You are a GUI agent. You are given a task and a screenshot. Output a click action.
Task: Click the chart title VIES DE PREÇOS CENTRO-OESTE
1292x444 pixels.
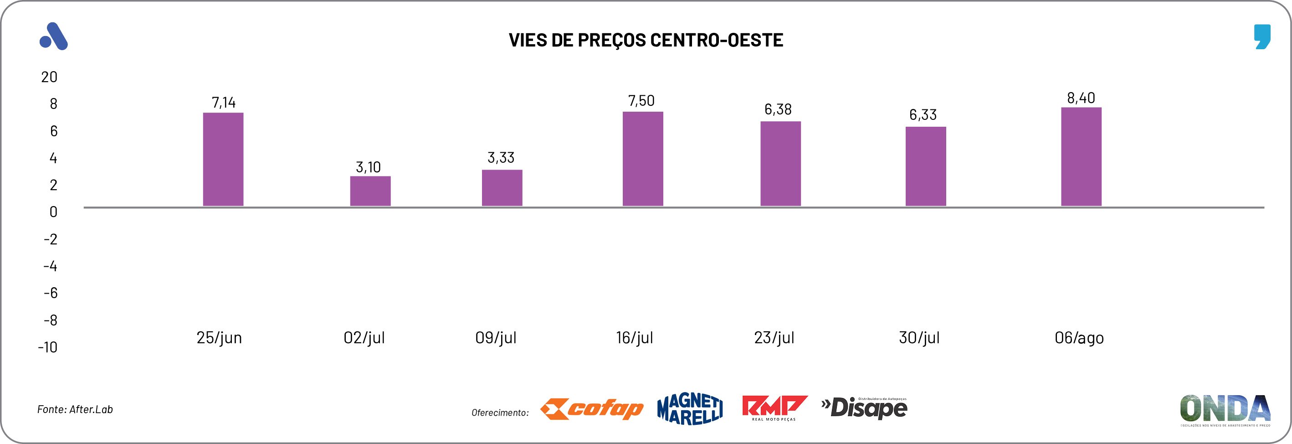[x=646, y=40]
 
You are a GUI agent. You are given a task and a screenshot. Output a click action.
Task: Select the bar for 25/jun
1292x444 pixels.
[x=223, y=159]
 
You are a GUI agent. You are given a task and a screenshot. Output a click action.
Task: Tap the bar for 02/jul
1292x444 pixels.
[x=370, y=191]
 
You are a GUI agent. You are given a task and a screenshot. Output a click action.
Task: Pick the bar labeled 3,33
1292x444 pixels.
[x=502, y=188]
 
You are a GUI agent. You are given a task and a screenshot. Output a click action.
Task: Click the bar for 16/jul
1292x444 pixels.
[x=642, y=159]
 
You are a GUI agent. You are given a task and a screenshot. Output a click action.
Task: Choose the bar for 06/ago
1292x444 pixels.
[x=1081, y=156]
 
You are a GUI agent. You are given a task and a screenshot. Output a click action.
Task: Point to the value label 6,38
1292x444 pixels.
[x=778, y=109]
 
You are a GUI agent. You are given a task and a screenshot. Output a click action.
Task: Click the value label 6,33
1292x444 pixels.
[x=923, y=115]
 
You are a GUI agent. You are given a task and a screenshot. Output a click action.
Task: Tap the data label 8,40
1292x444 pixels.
[x=1081, y=98]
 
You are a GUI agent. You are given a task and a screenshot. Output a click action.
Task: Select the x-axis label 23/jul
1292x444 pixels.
[x=774, y=338]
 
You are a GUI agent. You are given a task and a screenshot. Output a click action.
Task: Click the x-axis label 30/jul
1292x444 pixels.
[x=919, y=338]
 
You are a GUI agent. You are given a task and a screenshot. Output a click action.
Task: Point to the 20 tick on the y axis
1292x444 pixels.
[x=49, y=77]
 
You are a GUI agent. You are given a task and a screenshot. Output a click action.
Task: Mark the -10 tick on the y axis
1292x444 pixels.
[x=48, y=347]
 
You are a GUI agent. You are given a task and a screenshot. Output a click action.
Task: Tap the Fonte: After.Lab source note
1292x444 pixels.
[x=75, y=409]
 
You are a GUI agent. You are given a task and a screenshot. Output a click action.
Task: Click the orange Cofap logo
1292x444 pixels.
[x=592, y=409]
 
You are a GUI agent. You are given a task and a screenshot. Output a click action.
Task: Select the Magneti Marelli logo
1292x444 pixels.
[x=690, y=409]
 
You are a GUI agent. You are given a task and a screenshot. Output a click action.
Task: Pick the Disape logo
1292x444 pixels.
[x=864, y=408]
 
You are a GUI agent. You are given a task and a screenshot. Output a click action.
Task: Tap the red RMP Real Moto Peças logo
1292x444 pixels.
[x=774, y=408]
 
